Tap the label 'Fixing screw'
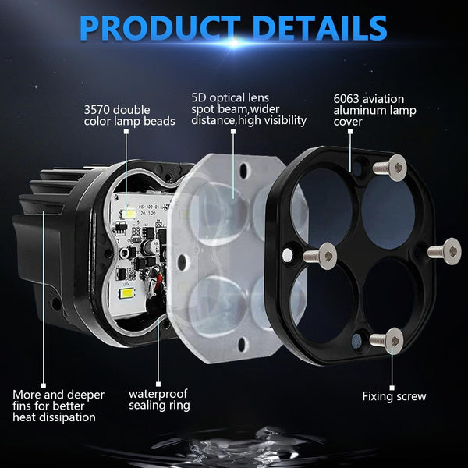(x=394, y=396)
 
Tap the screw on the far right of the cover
(x=445, y=250)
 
